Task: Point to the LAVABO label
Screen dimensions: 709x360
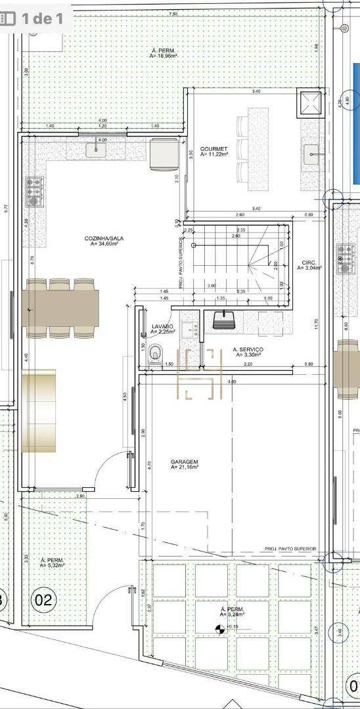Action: point(162,326)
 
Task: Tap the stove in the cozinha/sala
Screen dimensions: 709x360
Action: point(34,191)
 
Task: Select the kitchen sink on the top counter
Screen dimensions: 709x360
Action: point(97,150)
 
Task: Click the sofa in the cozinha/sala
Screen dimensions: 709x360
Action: point(39,411)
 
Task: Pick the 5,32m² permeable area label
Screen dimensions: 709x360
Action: point(51,562)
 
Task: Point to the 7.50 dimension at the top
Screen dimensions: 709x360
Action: point(173,14)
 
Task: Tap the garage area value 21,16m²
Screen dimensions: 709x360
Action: point(185,468)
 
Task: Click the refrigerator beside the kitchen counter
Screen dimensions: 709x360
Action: point(162,155)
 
